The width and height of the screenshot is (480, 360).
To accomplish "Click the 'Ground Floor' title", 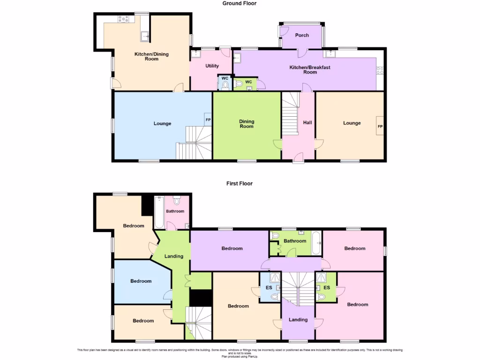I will (x=240, y=3).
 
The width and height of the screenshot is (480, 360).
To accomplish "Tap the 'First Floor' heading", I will (x=240, y=184).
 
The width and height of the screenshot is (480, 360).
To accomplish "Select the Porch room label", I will (x=302, y=36).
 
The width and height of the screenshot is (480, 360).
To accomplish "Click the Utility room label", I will (x=212, y=66).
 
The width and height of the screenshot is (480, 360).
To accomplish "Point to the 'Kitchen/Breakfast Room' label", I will (x=309, y=70).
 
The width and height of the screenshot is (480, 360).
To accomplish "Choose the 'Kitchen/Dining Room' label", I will (x=151, y=57).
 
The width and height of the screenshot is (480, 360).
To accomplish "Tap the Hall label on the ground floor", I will (x=307, y=123).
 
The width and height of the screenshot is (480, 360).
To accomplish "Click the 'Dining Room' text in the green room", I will (x=247, y=123).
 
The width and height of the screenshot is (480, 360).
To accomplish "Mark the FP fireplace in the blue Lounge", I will (x=208, y=120).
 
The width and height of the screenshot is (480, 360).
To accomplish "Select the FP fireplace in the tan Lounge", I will (x=380, y=127).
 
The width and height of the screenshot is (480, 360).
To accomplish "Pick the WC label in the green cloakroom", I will (x=248, y=82).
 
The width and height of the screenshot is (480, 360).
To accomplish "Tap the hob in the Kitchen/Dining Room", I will (x=125, y=19).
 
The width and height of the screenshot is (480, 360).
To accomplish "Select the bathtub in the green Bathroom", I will (x=316, y=242).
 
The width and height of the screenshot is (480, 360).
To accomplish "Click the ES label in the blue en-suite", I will (x=269, y=287).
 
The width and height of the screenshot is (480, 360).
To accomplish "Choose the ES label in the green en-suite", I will (x=326, y=287).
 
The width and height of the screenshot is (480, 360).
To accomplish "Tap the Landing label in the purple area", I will (x=298, y=320).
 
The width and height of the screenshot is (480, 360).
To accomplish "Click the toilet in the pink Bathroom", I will (x=177, y=201).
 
